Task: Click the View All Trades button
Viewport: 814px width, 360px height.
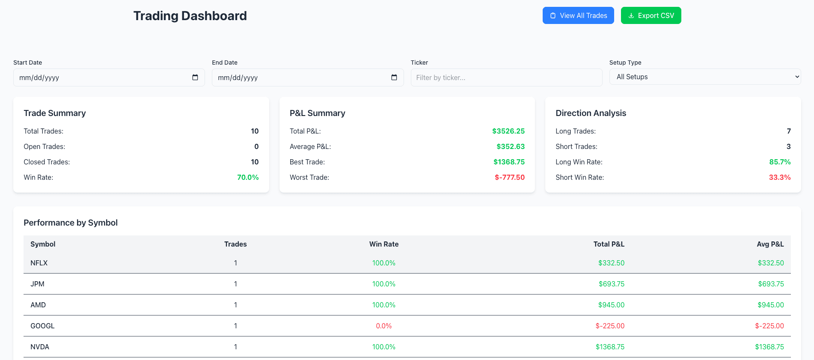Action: (578, 15)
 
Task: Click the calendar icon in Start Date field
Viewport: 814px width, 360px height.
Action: (195, 77)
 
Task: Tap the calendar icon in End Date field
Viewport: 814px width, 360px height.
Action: (394, 77)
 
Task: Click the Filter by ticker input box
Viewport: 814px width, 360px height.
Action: (506, 77)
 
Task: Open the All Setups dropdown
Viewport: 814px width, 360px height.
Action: (705, 77)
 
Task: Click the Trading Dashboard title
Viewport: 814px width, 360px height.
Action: (190, 16)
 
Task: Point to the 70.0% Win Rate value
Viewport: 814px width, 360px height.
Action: (248, 177)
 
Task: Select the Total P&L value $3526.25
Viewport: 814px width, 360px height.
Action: (508, 131)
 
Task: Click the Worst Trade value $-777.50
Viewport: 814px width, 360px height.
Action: (509, 177)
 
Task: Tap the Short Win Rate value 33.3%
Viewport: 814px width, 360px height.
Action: (779, 177)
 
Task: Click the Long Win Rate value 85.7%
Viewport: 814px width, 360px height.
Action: (779, 162)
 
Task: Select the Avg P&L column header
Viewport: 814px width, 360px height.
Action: (770, 244)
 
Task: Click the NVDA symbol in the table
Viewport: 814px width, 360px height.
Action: (40, 347)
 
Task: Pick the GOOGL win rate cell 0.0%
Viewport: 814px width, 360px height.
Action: (383, 326)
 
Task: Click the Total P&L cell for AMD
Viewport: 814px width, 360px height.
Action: (611, 305)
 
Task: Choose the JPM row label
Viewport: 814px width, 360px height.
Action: (37, 284)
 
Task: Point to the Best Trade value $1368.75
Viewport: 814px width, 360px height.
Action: (509, 162)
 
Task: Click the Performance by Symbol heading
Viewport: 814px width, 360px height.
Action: (71, 223)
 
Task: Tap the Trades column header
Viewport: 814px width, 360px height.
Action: (235, 244)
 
